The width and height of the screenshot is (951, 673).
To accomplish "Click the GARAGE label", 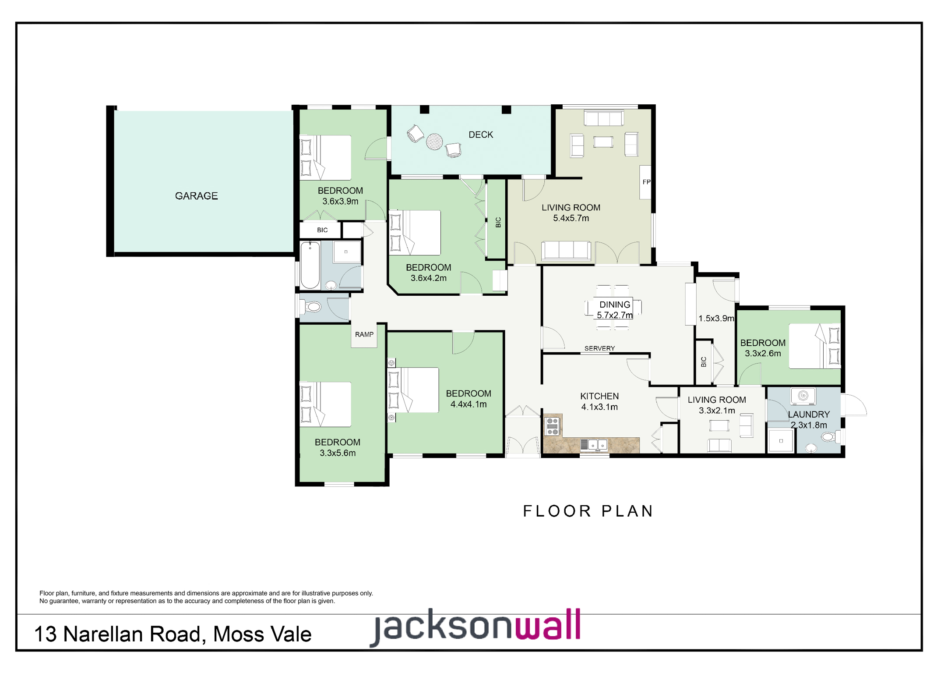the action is [x=196, y=196].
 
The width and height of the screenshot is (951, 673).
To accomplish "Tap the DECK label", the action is [x=481, y=135].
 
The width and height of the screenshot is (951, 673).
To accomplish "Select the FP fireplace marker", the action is [x=647, y=182].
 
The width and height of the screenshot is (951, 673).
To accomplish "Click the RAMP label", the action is [x=364, y=334].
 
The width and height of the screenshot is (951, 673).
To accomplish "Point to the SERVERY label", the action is [x=599, y=348].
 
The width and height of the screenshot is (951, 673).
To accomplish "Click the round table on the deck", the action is [x=434, y=142].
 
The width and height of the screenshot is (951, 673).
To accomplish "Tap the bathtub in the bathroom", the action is [x=310, y=265].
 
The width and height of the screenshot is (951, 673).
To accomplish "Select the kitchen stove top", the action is [x=553, y=426].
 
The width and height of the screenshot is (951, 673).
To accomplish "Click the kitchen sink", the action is [x=593, y=445].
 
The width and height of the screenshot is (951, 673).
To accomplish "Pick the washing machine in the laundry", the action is [x=803, y=396].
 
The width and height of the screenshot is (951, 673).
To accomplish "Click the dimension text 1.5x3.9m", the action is [x=716, y=319].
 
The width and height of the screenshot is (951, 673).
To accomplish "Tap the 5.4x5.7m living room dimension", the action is [x=571, y=218].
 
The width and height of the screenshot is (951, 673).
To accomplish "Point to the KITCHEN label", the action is [x=599, y=396].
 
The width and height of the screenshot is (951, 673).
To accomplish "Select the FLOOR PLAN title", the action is [x=588, y=511].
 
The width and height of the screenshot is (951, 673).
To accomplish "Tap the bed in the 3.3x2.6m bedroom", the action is [x=814, y=346].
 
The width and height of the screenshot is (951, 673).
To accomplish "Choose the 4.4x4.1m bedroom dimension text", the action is [x=468, y=404].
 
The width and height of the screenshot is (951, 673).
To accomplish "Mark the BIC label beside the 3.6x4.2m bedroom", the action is [x=498, y=222].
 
